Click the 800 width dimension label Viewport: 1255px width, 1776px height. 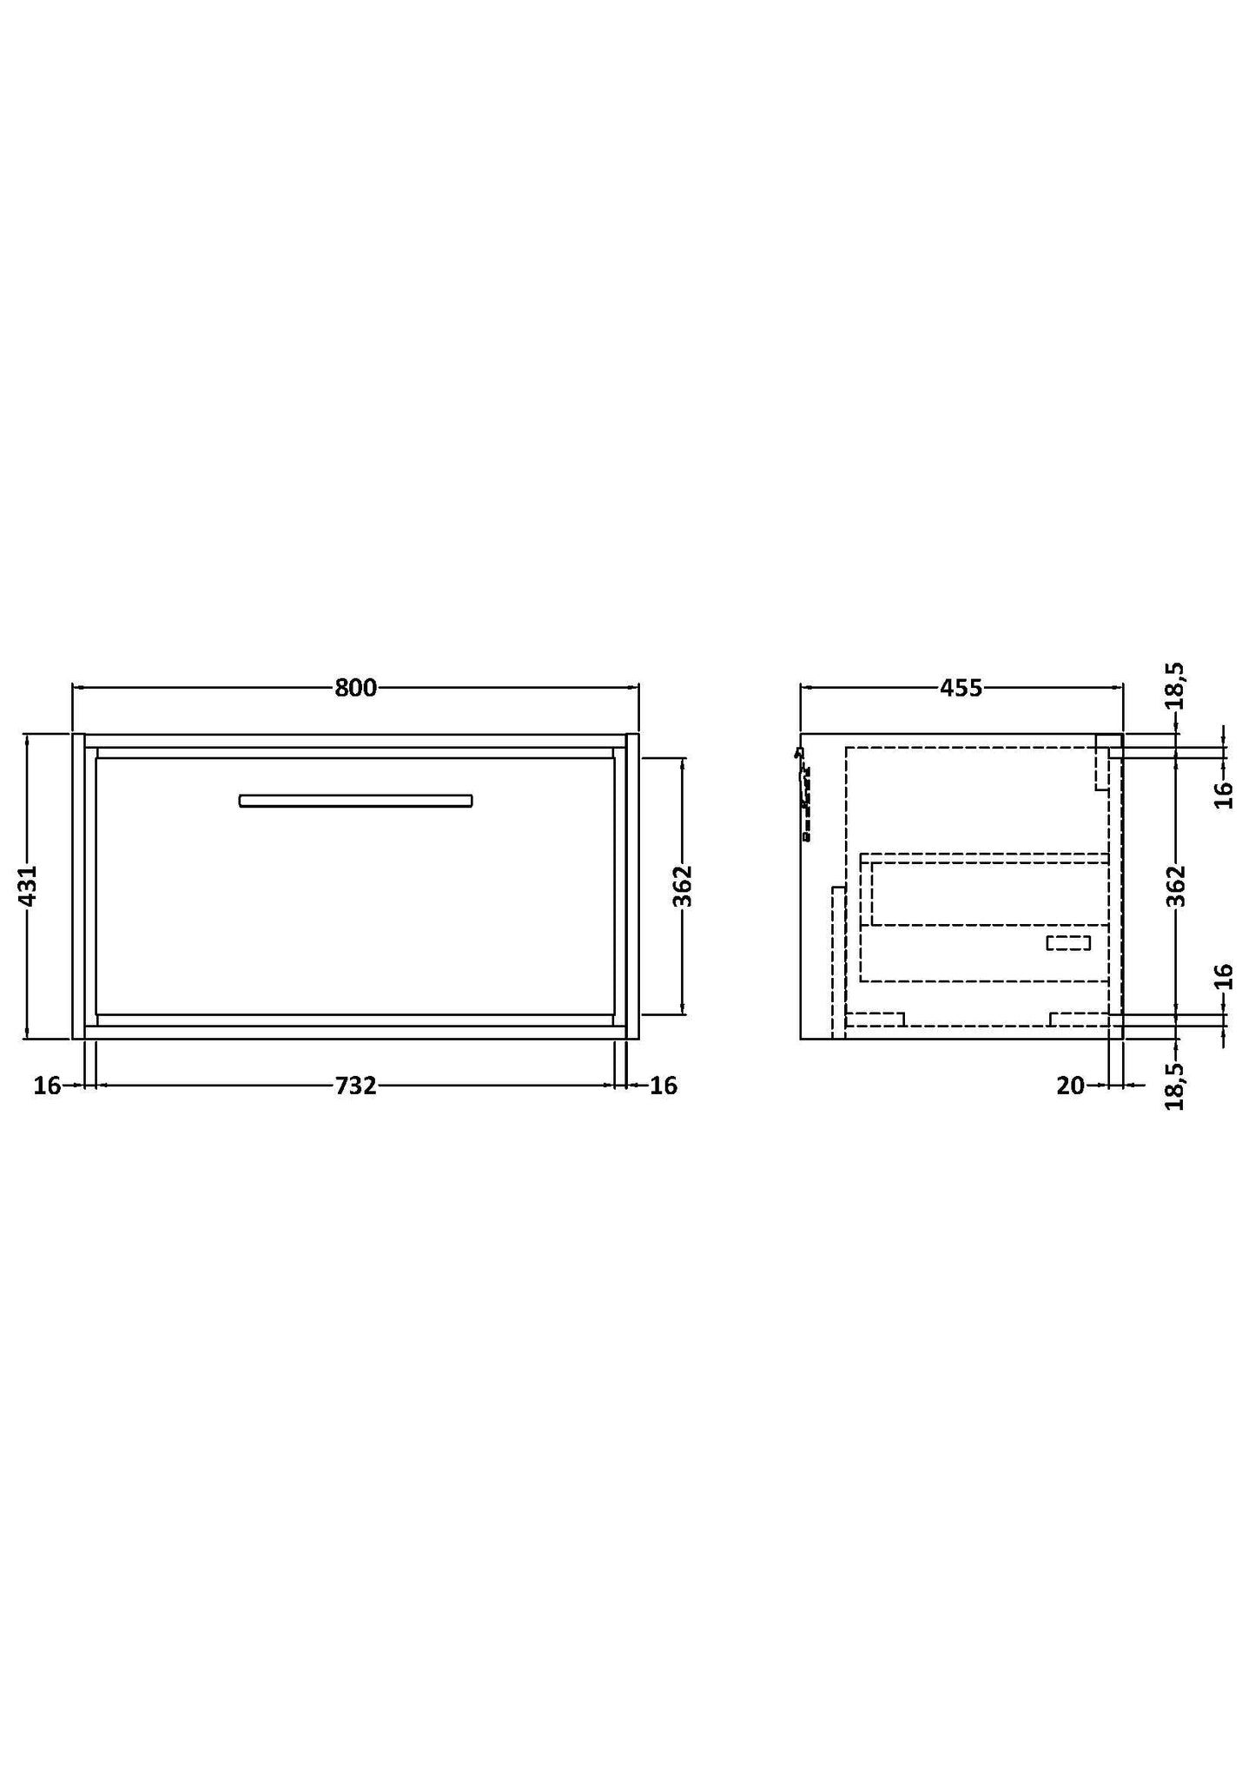coord(356,688)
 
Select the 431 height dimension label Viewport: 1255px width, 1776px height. coord(28,886)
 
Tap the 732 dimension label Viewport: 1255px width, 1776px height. coord(356,1086)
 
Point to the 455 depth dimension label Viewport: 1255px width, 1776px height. coord(961,688)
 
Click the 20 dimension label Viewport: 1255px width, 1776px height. coord(1071,1086)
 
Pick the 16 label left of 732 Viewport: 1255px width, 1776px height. coord(47,1086)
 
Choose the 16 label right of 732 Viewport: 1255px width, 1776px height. coord(664,1086)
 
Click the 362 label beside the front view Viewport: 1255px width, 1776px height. coord(684,886)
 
